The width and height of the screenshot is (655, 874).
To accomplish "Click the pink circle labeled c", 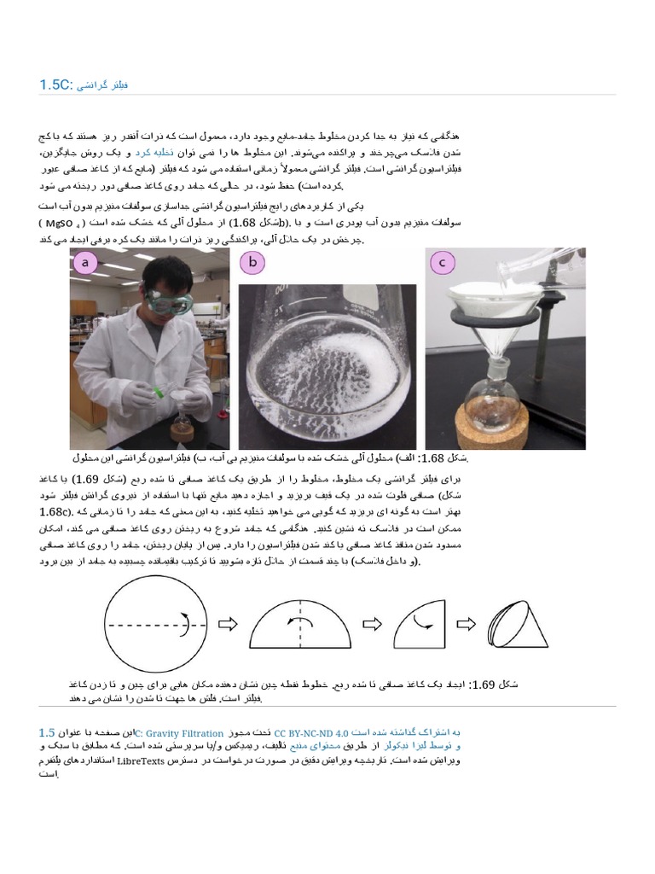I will pos(442,264).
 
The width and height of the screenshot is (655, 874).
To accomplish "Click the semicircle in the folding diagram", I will pos(300,626).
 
